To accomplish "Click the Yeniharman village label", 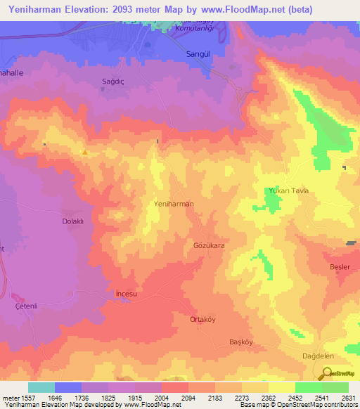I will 173,203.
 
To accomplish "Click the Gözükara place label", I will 208,247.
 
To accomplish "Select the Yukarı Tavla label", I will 288,191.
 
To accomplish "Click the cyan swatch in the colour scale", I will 41,387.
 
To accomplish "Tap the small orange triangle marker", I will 85,152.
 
